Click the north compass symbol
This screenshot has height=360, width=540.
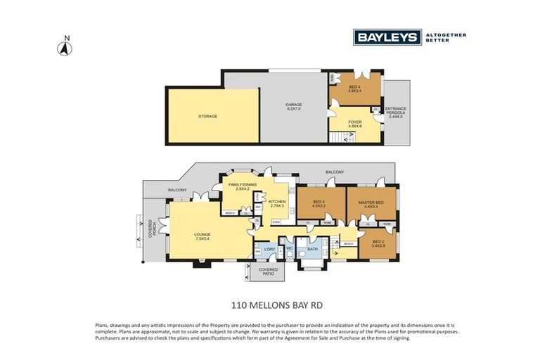coord(65,47)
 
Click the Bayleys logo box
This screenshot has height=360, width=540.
coord(387,37)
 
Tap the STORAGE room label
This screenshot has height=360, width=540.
coord(207,116)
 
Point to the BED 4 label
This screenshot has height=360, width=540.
coord(354,88)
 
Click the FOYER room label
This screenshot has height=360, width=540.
coord(355,123)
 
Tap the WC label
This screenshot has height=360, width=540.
coord(290,248)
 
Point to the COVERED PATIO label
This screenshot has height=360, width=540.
coord(268,271)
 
